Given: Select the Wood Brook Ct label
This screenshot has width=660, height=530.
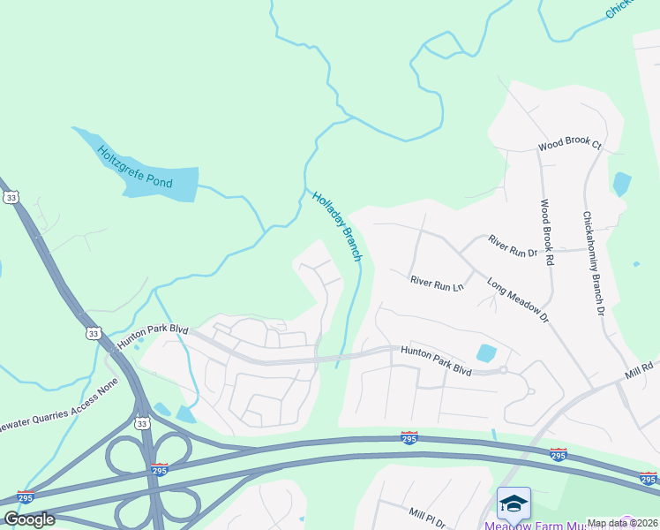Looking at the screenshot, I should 569,143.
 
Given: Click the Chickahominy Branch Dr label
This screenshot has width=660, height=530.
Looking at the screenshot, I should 592,263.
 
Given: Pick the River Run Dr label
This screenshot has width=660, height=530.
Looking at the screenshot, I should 513,246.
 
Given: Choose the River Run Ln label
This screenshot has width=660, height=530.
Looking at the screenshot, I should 436,284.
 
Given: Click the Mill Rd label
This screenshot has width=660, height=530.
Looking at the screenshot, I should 641,365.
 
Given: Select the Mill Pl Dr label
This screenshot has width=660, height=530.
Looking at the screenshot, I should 431,513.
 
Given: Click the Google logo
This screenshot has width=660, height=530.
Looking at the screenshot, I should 29,519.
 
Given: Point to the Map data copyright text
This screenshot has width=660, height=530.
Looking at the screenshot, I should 622,523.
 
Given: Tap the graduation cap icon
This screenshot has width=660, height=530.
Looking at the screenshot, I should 514,502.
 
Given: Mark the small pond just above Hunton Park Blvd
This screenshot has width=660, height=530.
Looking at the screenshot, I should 486,353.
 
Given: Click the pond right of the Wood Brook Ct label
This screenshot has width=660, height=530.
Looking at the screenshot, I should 622,183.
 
